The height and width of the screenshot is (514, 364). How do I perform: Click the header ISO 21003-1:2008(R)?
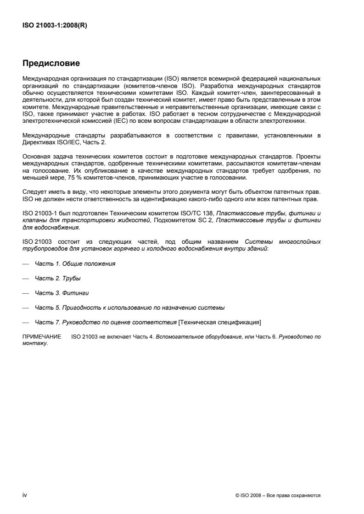[x=55, y=26]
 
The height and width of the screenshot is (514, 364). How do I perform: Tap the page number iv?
[x=25, y=495]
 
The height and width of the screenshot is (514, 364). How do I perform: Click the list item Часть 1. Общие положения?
[x=75, y=264]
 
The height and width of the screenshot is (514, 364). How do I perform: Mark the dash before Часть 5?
[x=26, y=307]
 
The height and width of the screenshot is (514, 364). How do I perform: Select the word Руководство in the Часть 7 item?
[x=73, y=322]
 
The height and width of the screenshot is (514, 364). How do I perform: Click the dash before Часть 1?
[x=26, y=264]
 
